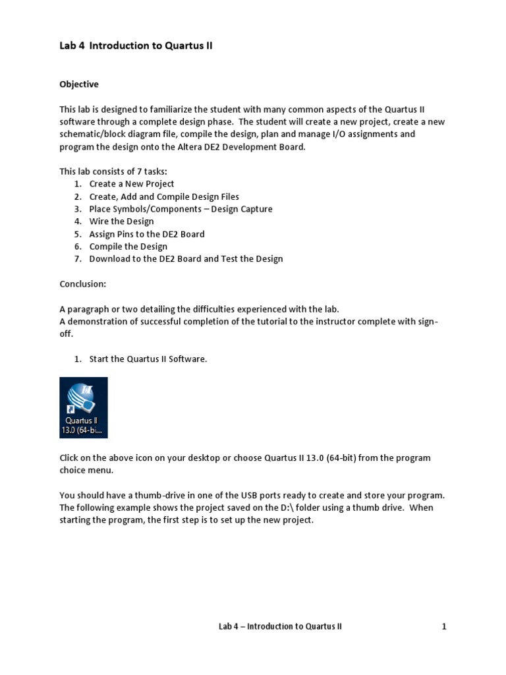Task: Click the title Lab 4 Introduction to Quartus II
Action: click(x=136, y=46)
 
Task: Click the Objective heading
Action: click(x=79, y=84)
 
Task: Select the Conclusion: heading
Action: click(x=83, y=283)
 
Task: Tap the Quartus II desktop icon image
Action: click(x=84, y=407)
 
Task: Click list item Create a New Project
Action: click(x=132, y=184)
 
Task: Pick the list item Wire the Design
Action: click(x=122, y=221)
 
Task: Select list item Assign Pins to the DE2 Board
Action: click(x=147, y=234)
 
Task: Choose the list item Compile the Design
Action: click(x=128, y=247)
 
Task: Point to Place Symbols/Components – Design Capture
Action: click(x=181, y=209)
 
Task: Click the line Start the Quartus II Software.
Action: click(x=148, y=359)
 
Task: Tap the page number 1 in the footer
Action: click(x=444, y=626)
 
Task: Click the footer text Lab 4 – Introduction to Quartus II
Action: click(x=280, y=626)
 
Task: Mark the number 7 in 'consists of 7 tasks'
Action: click(x=131, y=171)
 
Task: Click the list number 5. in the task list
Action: click(x=78, y=234)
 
